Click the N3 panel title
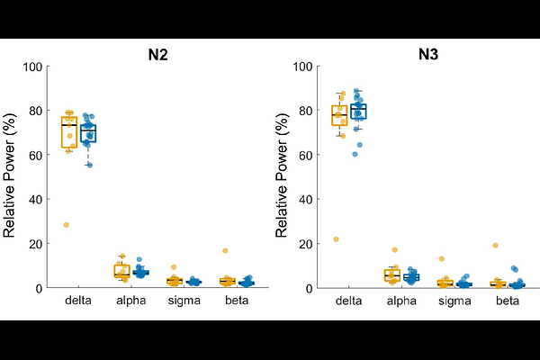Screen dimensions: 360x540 pos(427,54)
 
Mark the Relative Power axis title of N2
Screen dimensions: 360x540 pos(11,176)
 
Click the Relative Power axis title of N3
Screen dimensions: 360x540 pos(281,176)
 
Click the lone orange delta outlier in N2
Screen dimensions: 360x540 pos(67,225)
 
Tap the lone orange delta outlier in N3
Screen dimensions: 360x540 pos(337,239)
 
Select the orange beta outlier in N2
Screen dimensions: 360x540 pos(226,251)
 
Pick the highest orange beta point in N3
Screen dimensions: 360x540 pos(496,246)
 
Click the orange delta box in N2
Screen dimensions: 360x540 pos(69,131)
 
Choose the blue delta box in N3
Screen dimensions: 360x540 pos(358,112)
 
